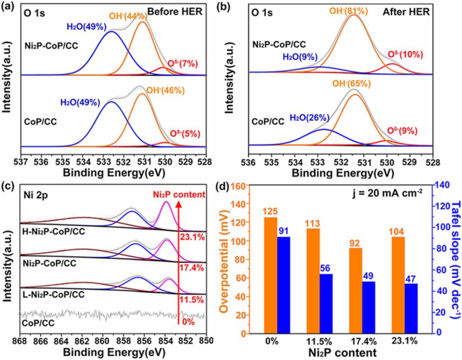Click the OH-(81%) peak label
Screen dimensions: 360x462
[348, 11]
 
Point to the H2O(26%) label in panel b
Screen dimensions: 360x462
[310, 118]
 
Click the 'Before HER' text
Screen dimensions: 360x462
[175, 12]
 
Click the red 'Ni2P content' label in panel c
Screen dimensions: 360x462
[179, 195]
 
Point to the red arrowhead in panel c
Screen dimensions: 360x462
[178, 204]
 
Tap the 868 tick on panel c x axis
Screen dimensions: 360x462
[20, 340]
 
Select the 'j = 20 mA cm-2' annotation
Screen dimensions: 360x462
[388, 193]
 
